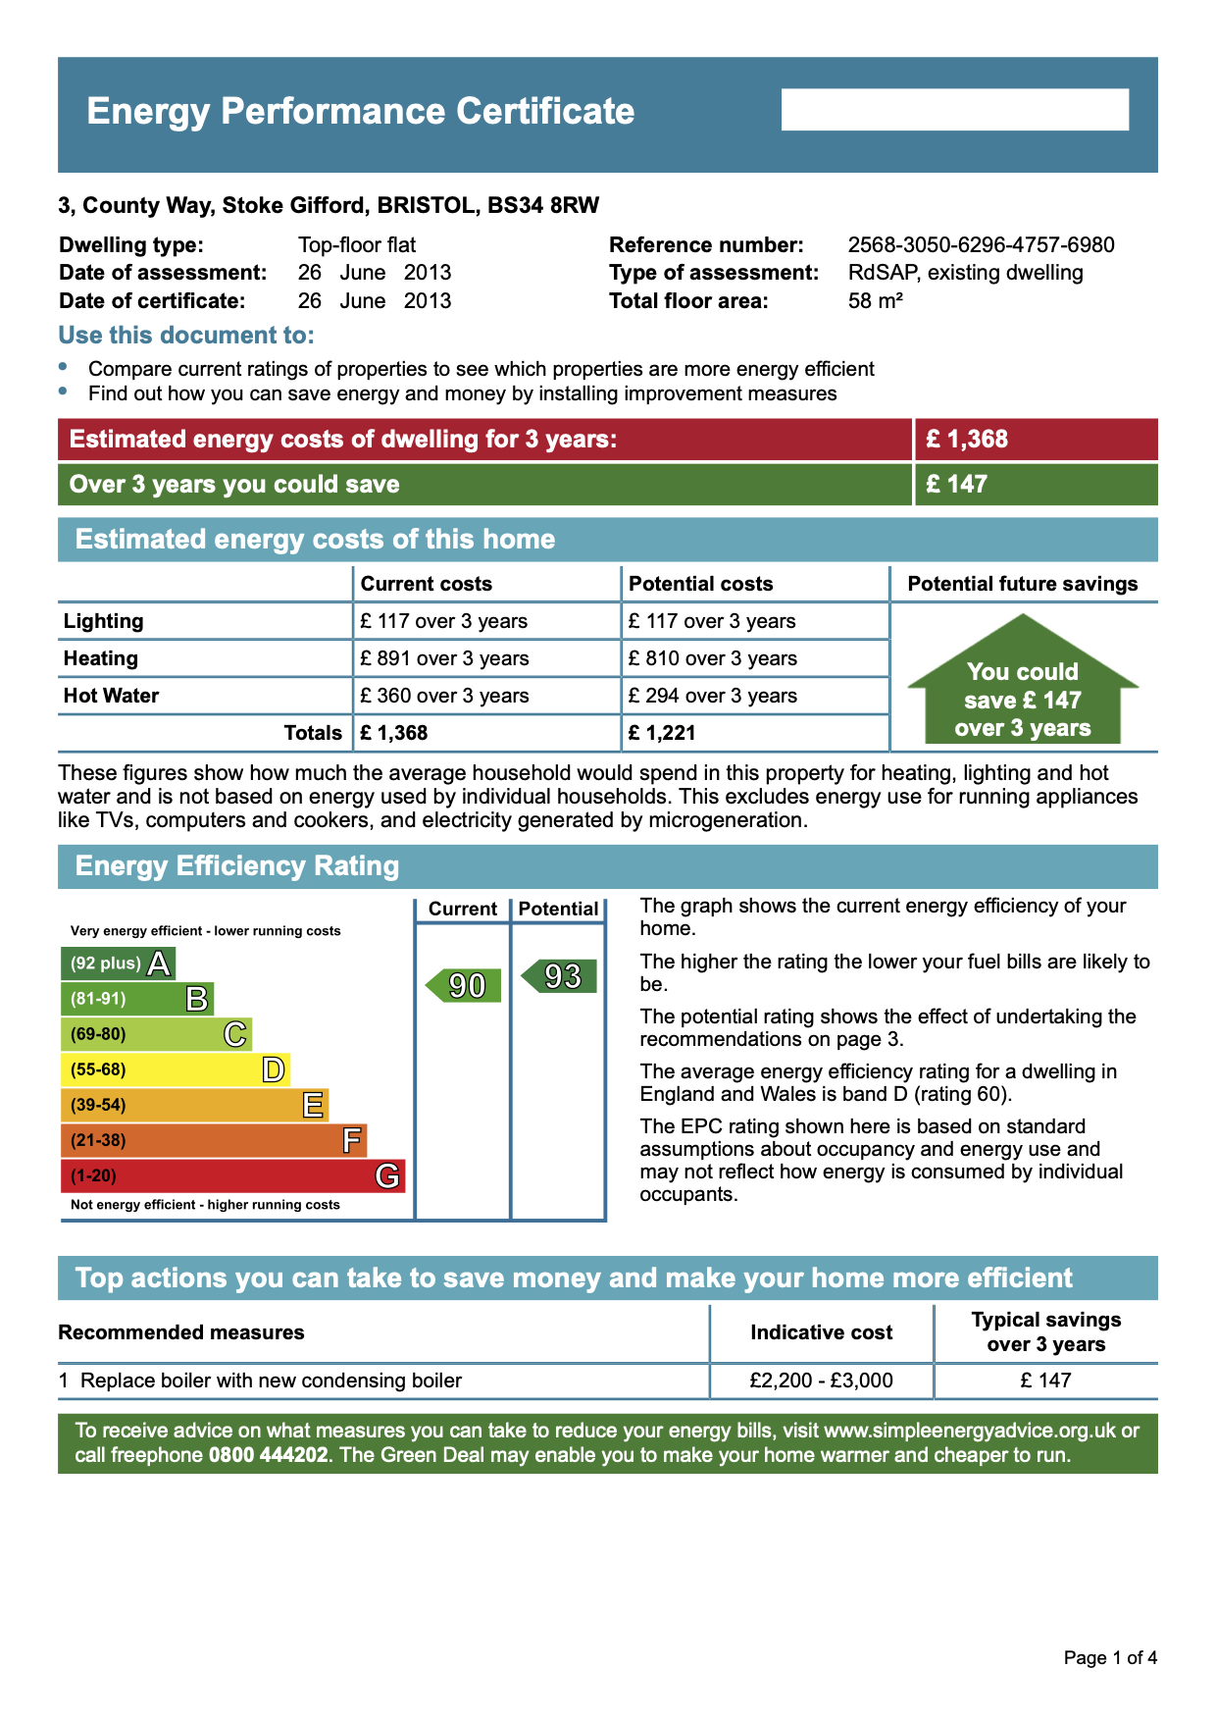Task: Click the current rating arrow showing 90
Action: point(465,985)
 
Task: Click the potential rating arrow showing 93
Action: point(560,976)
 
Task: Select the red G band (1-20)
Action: point(232,1175)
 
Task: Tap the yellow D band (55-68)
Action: point(175,1069)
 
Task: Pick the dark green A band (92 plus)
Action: point(118,964)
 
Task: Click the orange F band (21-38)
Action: point(213,1140)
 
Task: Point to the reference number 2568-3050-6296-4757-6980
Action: point(981,245)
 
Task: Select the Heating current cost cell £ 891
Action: point(444,658)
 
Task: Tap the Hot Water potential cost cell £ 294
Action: point(713,696)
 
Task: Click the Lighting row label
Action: point(104,621)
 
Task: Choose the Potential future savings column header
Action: point(1023,584)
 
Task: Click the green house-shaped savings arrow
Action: point(1023,687)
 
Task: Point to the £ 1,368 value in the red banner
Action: point(967,439)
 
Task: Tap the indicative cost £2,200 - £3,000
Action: point(821,1381)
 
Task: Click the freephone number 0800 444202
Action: point(268,1454)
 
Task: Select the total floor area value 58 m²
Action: point(875,301)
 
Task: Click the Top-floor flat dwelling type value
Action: point(357,245)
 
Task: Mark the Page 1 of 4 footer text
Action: point(1110,1658)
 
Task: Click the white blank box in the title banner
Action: point(954,110)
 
